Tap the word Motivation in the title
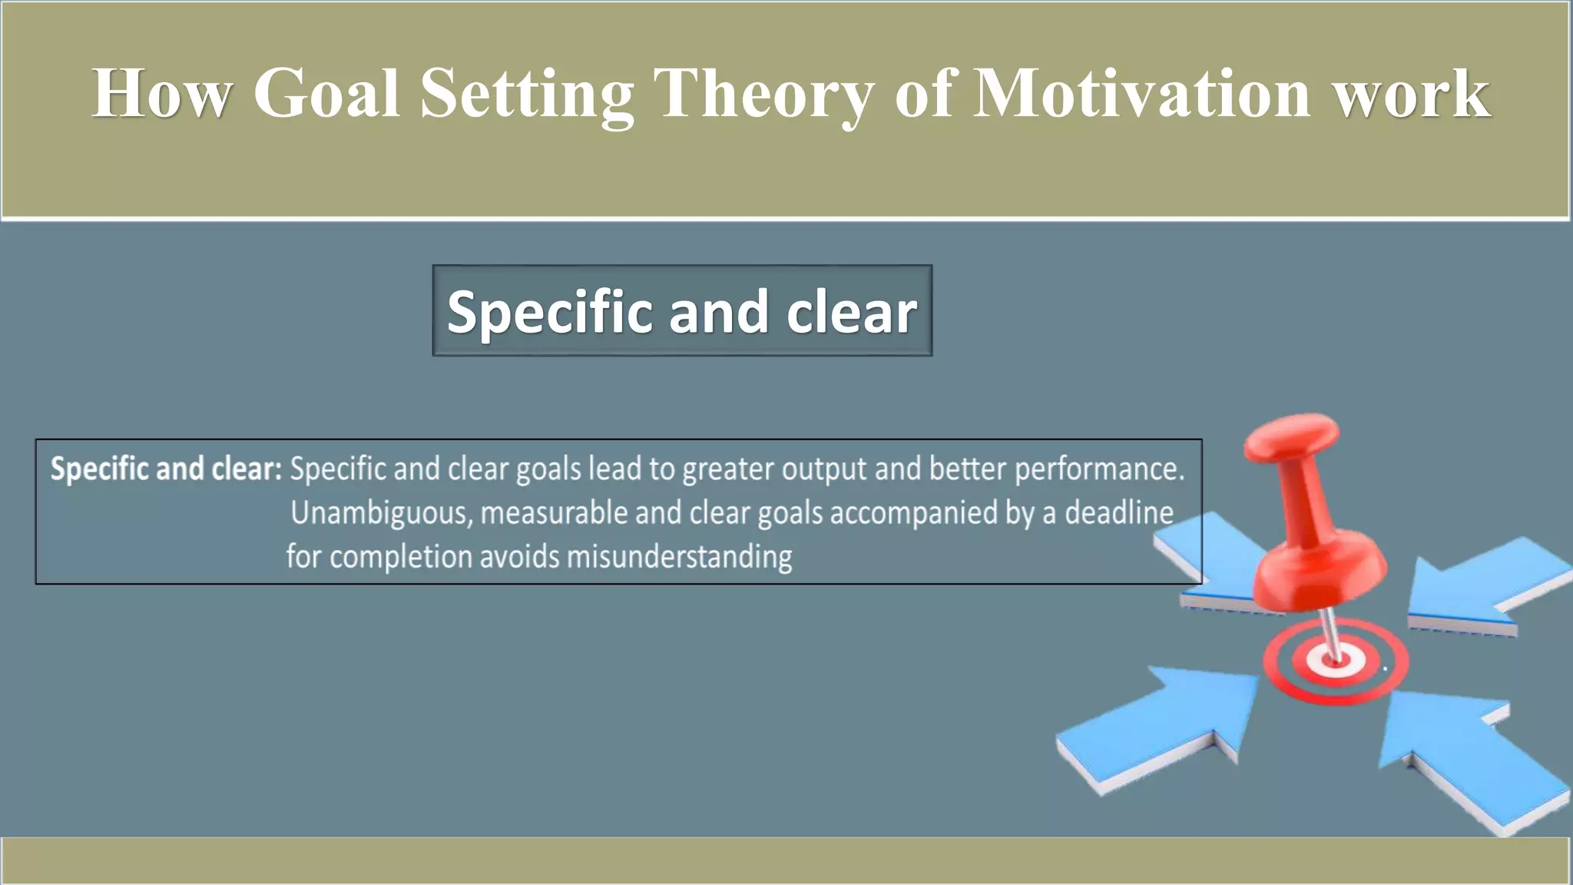(1141, 94)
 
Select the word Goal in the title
(326, 94)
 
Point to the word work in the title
(1412, 94)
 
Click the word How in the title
(161, 94)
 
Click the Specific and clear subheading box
(682, 311)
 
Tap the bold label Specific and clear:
(166, 469)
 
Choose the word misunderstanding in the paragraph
(679, 557)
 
